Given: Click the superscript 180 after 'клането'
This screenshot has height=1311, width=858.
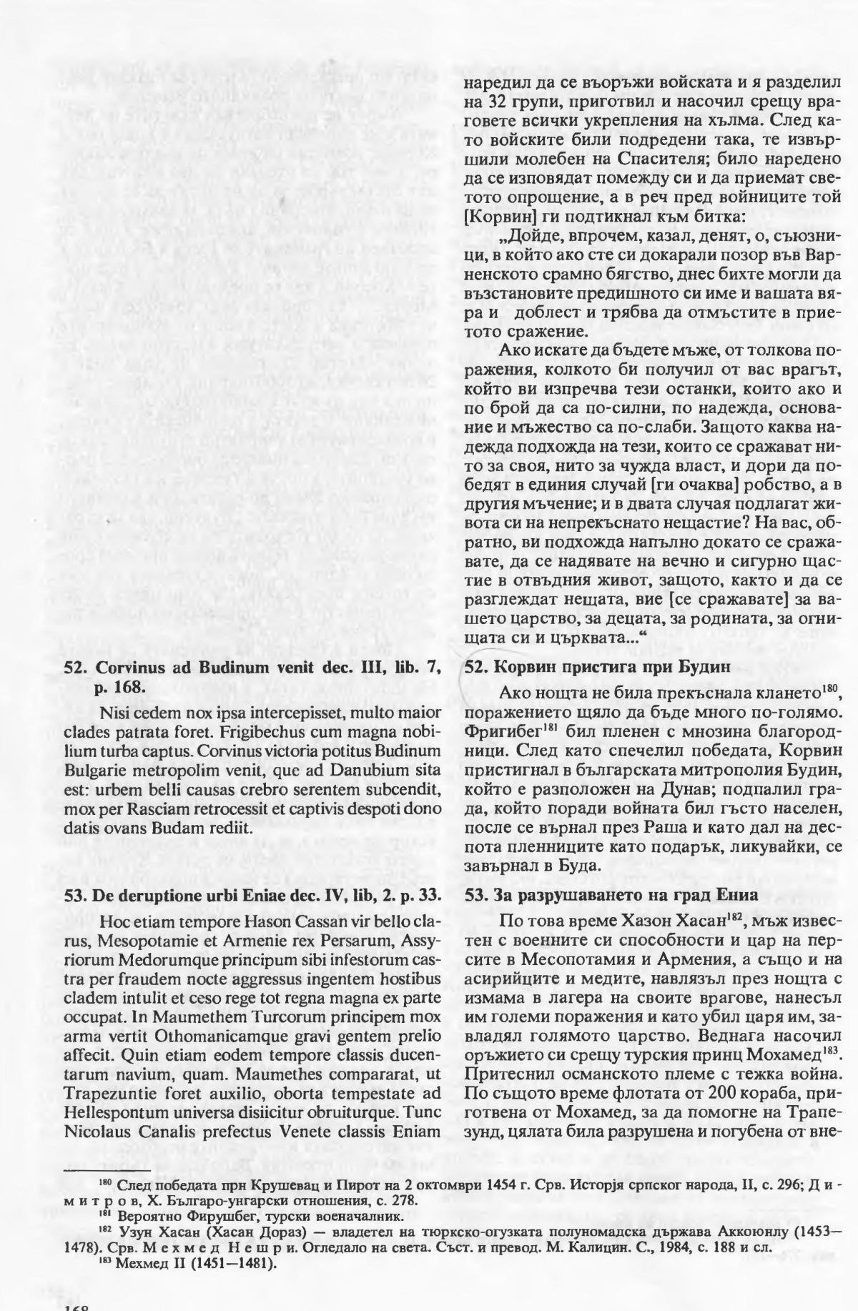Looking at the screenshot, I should pyautogui.click(x=829, y=690).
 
